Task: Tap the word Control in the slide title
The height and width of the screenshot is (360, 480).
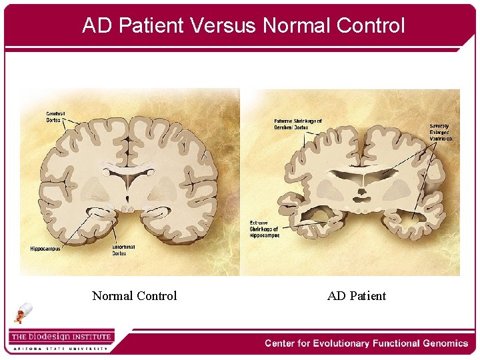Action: [371, 25]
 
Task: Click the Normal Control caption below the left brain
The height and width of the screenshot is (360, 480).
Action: [134, 296]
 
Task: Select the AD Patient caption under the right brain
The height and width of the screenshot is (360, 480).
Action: [357, 296]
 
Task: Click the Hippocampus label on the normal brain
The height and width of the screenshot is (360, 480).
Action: [45, 249]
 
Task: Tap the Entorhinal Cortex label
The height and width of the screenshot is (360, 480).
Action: [124, 250]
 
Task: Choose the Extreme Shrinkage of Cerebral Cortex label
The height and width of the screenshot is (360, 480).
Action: [298, 124]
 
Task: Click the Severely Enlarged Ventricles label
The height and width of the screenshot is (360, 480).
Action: [440, 132]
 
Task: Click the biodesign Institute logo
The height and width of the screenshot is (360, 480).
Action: [61, 337]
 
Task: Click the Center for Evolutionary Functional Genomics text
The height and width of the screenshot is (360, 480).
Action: [366, 343]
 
